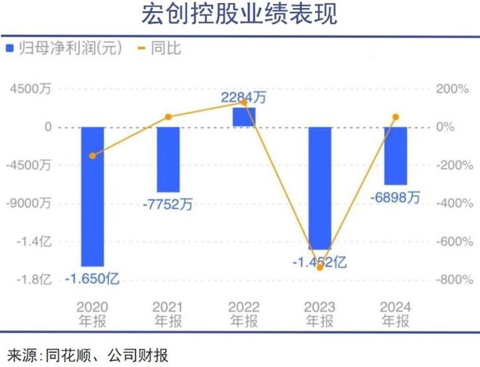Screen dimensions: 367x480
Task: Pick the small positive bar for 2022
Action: point(244,118)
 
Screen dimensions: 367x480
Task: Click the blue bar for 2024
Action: point(396,156)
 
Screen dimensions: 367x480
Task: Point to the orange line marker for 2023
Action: point(320,268)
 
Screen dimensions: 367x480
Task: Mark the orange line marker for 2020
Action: point(92,156)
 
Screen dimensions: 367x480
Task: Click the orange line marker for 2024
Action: point(396,117)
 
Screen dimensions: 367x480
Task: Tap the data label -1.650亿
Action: point(92,278)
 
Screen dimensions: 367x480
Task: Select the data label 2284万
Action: point(244,96)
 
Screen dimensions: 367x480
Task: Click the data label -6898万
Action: point(396,196)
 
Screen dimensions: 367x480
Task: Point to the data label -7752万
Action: point(168,204)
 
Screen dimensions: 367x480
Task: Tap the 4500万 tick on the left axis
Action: point(31,89)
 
